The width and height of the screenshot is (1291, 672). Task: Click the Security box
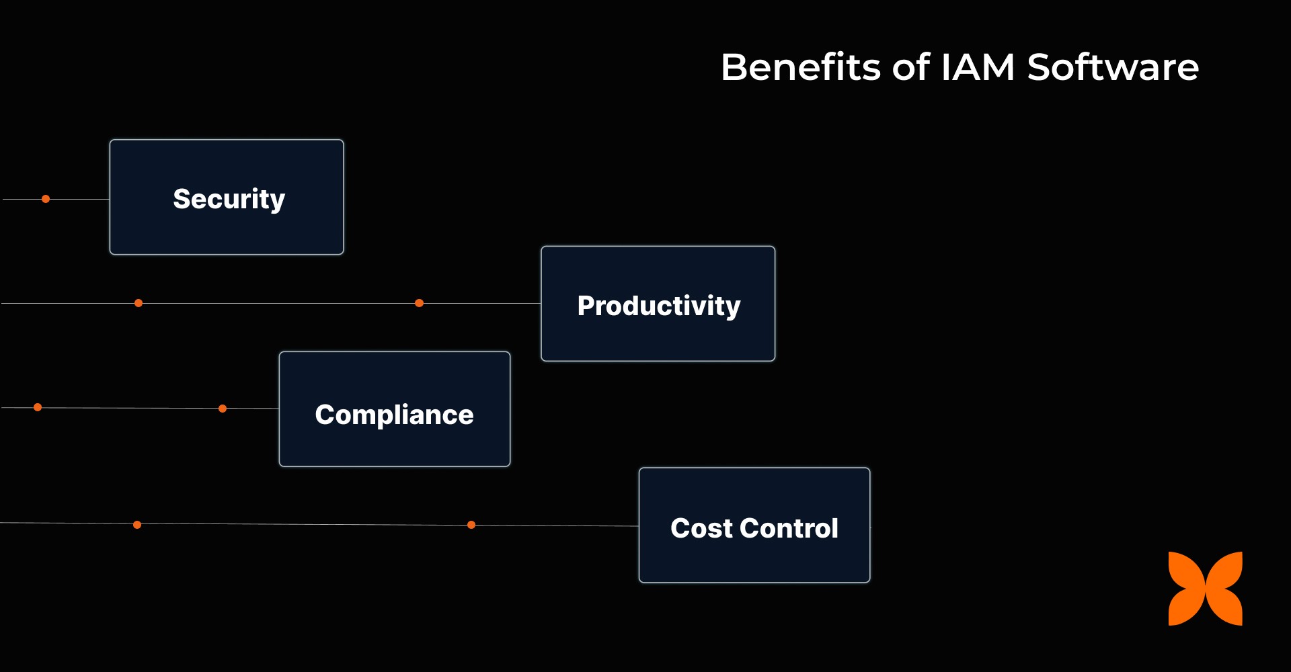tap(227, 197)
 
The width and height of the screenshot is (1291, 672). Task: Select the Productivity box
tap(658, 304)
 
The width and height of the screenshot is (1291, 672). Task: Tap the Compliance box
tap(395, 409)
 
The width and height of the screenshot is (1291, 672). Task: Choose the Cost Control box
tap(754, 526)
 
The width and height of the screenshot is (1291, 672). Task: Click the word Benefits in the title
tap(800, 67)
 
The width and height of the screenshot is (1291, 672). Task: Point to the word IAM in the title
tap(978, 67)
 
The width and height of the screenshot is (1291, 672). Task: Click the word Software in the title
tap(1113, 67)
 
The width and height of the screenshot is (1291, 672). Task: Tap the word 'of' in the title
tap(911, 67)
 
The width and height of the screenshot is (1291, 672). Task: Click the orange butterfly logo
tap(1205, 589)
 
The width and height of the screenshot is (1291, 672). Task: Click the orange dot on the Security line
tap(46, 199)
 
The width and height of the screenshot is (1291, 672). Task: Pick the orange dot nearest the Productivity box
tap(419, 303)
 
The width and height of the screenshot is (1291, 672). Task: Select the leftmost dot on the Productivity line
tap(139, 303)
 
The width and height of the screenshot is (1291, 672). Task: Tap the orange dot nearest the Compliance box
tap(223, 409)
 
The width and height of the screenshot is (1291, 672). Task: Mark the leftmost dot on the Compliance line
tap(38, 407)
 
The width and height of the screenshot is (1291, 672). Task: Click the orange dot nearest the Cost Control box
tap(471, 525)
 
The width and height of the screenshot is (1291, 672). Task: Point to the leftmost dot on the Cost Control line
tap(137, 525)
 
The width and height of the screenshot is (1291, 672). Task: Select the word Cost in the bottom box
tap(701, 528)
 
